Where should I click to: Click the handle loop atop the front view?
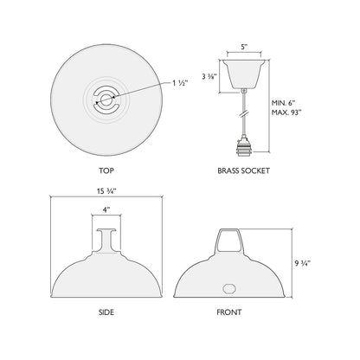(x=228, y=237)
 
